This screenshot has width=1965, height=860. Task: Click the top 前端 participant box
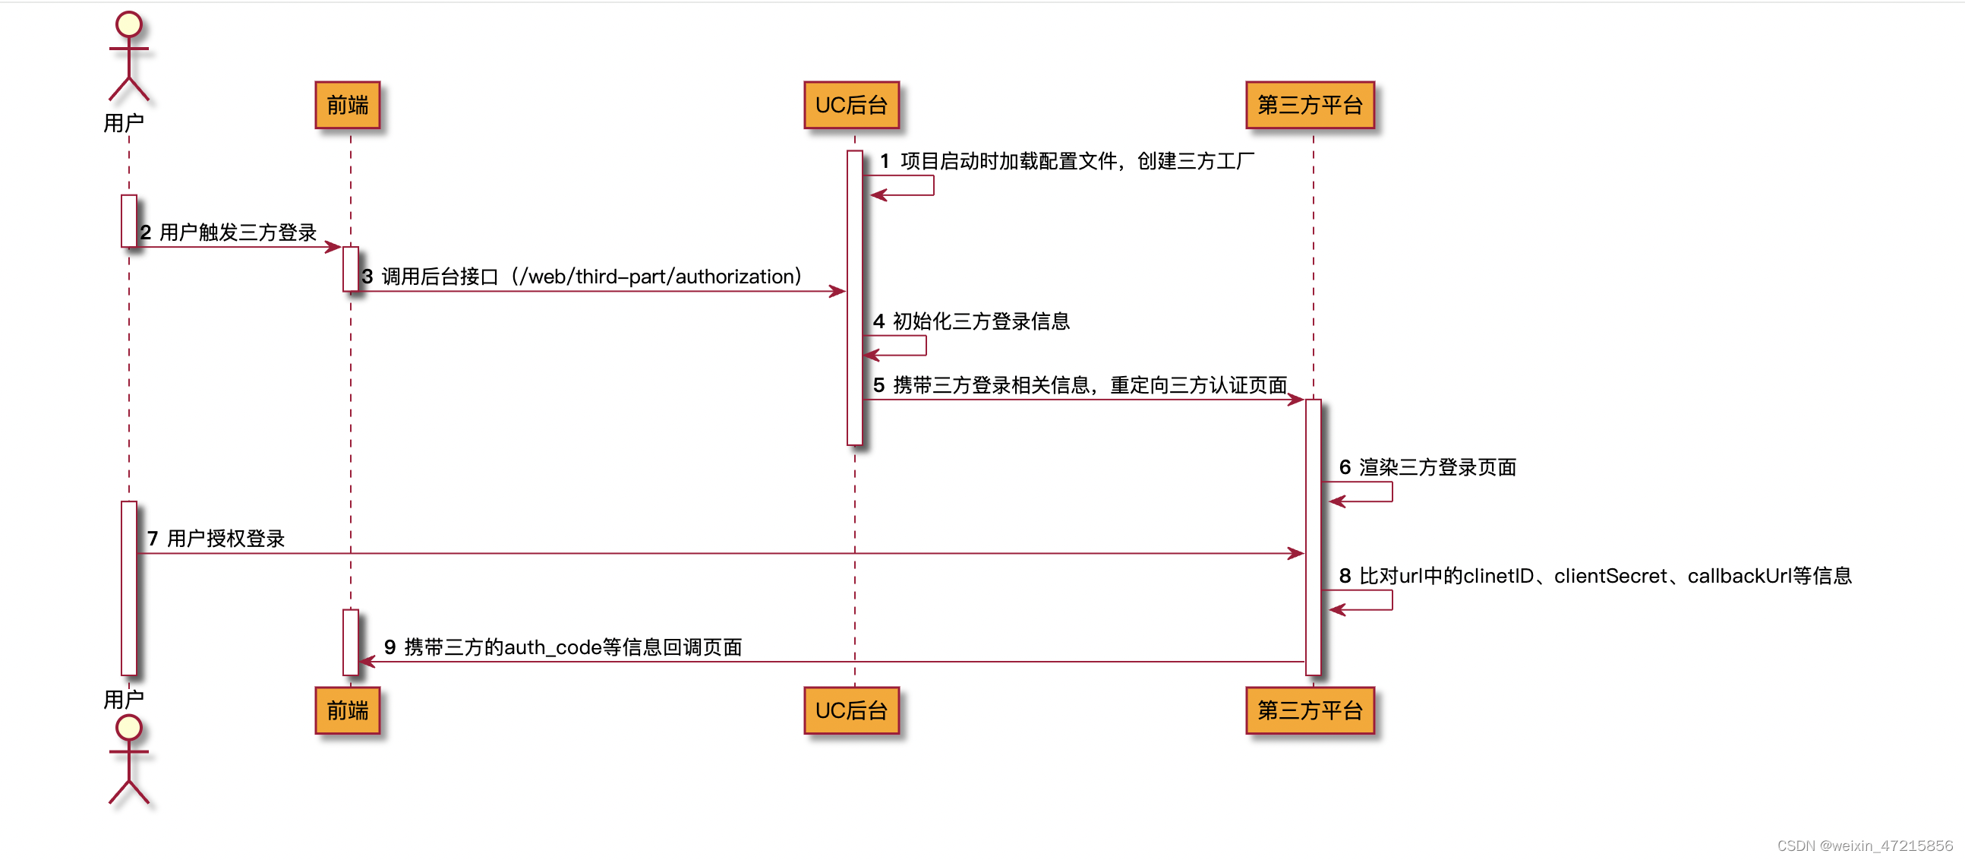pos(348,106)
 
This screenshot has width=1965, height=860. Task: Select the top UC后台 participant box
pos(851,106)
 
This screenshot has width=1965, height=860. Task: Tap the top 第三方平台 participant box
pos(1310,106)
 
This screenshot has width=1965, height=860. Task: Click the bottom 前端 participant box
pos(348,710)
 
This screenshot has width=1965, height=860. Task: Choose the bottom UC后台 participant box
pos(851,710)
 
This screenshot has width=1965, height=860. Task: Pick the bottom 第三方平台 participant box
pos(1310,710)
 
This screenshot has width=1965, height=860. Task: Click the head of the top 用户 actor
pos(129,24)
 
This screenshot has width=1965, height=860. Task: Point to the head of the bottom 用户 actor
pos(129,727)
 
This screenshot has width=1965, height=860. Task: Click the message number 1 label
pos(884,161)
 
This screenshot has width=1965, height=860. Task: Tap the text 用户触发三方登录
pos(238,232)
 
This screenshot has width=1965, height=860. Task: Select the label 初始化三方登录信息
pos(981,321)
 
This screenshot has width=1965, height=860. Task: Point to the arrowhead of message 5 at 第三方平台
pos(1297,400)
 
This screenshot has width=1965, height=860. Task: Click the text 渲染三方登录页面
pos(1437,467)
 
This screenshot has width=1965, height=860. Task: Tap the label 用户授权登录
pos(226,539)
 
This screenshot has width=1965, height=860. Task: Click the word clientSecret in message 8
pos(1610,576)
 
